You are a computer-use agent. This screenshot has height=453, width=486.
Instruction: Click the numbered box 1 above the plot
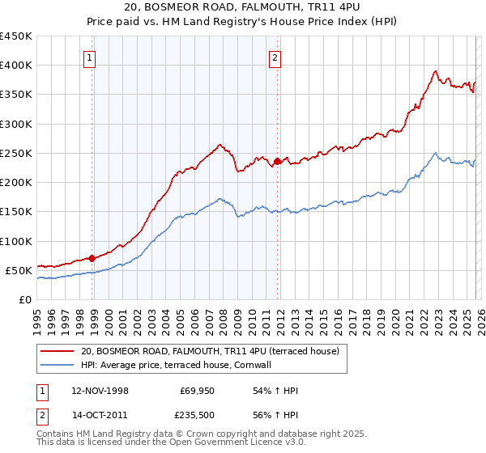(89, 57)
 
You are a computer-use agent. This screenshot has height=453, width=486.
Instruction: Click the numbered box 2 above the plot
(275, 57)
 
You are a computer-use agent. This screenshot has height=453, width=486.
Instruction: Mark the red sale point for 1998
(92, 259)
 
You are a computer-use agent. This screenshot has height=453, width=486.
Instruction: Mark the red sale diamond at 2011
(277, 161)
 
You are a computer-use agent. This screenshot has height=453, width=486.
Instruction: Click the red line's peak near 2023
(436, 70)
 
